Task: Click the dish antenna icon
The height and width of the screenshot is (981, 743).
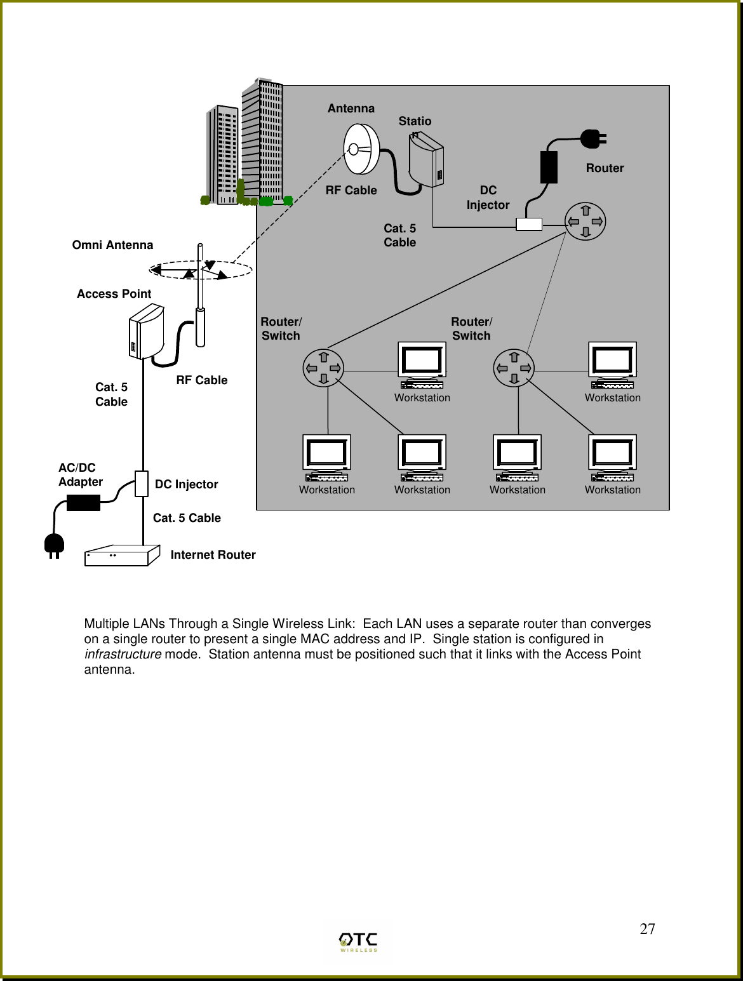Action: click(x=361, y=149)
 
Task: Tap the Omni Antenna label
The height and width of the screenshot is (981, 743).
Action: click(x=112, y=245)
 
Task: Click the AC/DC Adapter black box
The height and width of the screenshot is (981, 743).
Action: click(x=83, y=503)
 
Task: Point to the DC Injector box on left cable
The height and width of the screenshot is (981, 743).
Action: click(x=142, y=484)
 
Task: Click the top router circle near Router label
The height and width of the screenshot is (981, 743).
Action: click(x=585, y=222)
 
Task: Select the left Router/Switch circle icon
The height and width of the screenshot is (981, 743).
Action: click(x=323, y=368)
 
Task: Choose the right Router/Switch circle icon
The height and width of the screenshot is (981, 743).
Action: click(x=514, y=368)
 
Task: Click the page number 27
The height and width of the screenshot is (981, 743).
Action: click(x=647, y=929)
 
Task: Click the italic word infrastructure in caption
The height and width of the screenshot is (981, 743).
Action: click(x=123, y=654)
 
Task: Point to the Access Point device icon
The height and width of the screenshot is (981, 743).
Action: click(x=147, y=331)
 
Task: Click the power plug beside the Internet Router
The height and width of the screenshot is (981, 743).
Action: click(x=55, y=545)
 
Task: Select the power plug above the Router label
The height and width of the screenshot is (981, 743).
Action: click(x=592, y=138)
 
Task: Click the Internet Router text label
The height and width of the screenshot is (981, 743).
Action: click(x=213, y=555)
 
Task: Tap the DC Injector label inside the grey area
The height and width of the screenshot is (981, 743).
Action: click(x=488, y=197)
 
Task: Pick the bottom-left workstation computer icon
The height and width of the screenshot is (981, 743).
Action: click(x=327, y=457)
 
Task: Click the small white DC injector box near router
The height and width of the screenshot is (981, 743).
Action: click(x=529, y=224)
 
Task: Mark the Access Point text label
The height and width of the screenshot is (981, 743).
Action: click(x=114, y=294)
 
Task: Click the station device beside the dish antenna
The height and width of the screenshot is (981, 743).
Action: click(x=426, y=161)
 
